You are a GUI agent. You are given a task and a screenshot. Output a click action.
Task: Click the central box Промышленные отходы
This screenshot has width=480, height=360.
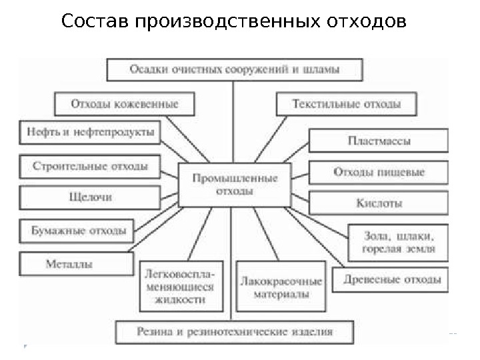(235, 184)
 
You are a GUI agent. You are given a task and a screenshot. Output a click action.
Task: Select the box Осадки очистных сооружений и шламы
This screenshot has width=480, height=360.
(235, 69)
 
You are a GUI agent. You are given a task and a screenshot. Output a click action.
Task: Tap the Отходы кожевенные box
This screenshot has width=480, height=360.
(125, 104)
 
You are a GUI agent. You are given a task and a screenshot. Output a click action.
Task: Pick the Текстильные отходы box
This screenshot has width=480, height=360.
(347, 104)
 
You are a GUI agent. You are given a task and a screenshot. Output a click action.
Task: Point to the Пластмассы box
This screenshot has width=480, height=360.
(379, 141)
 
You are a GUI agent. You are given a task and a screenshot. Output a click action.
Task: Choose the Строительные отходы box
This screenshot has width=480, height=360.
(90, 166)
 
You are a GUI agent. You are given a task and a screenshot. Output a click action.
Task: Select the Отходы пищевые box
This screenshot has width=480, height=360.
(379, 173)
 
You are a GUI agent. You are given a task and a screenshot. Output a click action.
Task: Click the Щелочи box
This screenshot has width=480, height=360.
(90, 198)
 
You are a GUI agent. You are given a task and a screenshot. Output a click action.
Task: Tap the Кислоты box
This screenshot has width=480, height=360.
(379, 203)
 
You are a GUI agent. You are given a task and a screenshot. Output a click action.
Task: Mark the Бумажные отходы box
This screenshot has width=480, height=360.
(79, 231)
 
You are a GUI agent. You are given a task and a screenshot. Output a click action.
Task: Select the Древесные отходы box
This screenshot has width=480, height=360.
(392, 279)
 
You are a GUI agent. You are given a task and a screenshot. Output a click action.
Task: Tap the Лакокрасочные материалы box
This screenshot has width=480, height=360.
(281, 287)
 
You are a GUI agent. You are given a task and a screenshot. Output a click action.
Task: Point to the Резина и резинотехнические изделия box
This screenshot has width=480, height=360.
(234, 331)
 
